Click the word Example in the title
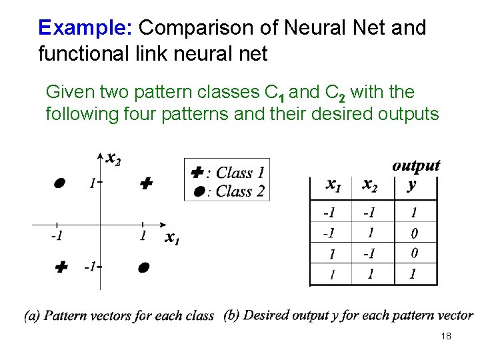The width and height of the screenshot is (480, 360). coord(67,28)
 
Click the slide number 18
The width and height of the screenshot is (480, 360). coord(446,336)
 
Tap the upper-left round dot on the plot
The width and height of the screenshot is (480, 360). coord(60,183)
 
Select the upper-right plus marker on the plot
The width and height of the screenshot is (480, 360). coord(147,183)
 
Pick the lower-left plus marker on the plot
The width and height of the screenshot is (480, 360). coord(61,267)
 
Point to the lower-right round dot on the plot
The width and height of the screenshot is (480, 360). coord(143,267)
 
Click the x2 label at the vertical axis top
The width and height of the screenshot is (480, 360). coord(113,159)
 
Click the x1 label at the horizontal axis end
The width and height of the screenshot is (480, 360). coord(172,237)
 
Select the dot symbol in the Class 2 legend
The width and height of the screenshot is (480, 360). coord(199,191)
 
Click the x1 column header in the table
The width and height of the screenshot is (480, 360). coord(334,183)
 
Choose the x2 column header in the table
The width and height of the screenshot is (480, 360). coord(369,185)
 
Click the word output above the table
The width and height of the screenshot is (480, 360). coord(416,165)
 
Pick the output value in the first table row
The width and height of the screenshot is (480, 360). coord(414,213)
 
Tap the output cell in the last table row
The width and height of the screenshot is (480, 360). coord(414,273)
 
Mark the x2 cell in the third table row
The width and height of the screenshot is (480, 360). coord(370,254)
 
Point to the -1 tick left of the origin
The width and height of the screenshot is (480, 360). coord(57,235)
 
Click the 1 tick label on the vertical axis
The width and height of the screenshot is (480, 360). coord(91,183)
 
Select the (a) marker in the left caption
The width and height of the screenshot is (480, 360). coord(32,315)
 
